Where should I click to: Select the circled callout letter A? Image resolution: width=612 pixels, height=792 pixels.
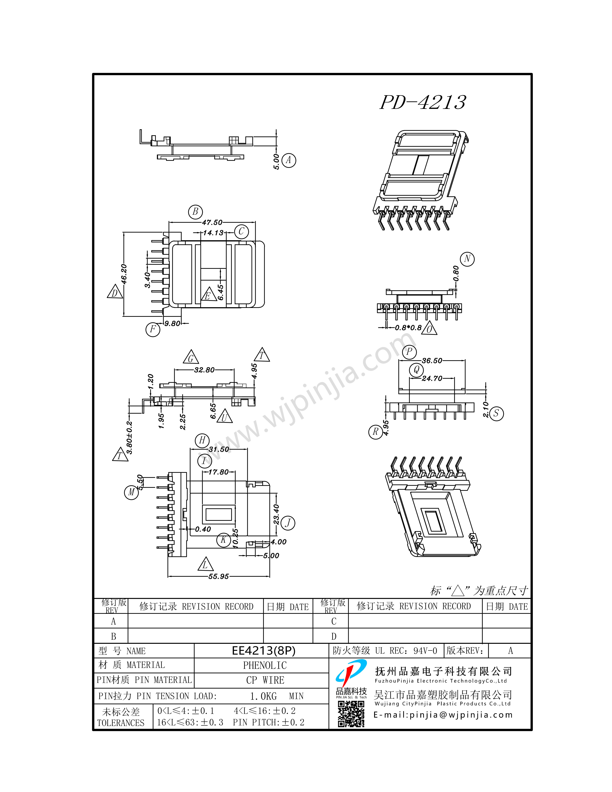(289, 160)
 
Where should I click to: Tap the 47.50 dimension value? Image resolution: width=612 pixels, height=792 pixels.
(212, 222)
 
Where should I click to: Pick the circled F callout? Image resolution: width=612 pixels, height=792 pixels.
(153, 329)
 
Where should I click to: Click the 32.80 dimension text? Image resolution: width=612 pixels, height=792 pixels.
(204, 370)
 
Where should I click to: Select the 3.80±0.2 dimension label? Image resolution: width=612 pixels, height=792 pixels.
(129, 437)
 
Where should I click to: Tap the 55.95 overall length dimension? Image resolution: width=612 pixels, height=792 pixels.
(218, 576)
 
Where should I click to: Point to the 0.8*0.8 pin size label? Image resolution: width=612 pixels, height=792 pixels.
(408, 327)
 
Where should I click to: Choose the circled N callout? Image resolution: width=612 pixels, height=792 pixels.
(467, 259)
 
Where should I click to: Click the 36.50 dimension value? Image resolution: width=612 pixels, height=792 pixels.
(432, 360)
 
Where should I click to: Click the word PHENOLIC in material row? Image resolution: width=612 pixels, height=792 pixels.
(265, 665)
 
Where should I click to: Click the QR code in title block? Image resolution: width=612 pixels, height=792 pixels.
(351, 714)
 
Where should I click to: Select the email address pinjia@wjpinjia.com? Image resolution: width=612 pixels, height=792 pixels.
(443, 715)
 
